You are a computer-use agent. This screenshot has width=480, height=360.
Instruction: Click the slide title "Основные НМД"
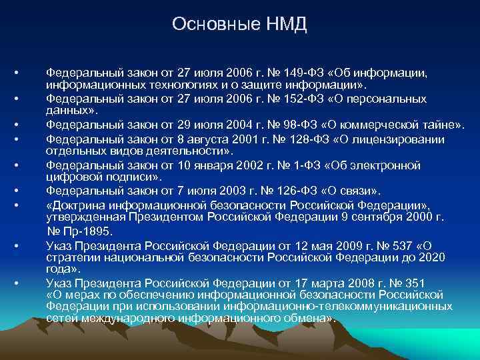tap(239, 24)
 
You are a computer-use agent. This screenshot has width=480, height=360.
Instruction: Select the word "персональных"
tap(387, 99)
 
